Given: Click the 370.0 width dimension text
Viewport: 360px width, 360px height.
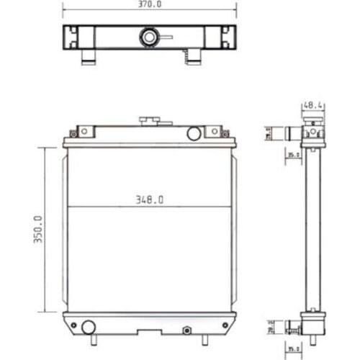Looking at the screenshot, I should (x=149, y=4).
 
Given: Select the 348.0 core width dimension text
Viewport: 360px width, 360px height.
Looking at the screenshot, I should (x=149, y=199).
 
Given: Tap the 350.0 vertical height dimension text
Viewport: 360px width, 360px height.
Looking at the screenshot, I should (x=37, y=230).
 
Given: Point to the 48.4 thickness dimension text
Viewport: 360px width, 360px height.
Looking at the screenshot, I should (x=312, y=105).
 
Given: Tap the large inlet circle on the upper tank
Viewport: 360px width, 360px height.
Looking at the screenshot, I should (x=193, y=133).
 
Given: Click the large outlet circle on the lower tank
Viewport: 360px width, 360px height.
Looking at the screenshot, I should (x=88, y=327).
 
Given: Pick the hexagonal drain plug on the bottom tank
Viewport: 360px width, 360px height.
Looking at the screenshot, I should (x=187, y=331).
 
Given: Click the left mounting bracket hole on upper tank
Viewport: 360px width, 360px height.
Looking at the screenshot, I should (x=84, y=131).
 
